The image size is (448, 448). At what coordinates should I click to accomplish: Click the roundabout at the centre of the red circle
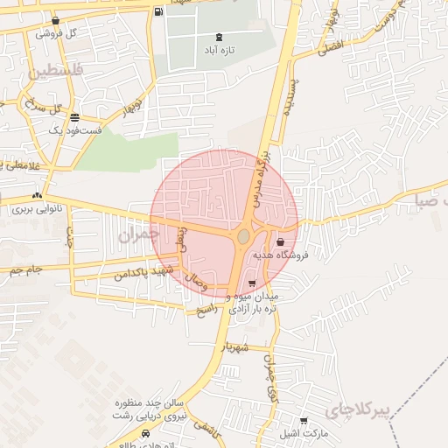tap(243, 237)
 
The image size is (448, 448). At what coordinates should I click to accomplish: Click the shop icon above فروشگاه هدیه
tap(280, 242)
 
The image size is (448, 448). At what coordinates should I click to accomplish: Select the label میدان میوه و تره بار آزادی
tap(253, 304)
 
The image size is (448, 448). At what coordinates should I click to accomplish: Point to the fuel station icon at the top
tap(157, 11)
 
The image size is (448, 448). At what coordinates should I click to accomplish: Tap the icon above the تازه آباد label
tap(218, 37)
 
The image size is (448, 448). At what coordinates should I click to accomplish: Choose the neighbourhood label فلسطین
tap(59, 71)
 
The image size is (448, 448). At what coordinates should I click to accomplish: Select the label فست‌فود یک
tap(76, 129)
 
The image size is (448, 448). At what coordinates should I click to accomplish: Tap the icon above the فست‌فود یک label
tap(75, 116)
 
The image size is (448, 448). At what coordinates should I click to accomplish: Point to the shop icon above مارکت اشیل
tap(304, 421)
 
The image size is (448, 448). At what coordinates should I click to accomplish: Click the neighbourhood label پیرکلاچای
tap(356, 409)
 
